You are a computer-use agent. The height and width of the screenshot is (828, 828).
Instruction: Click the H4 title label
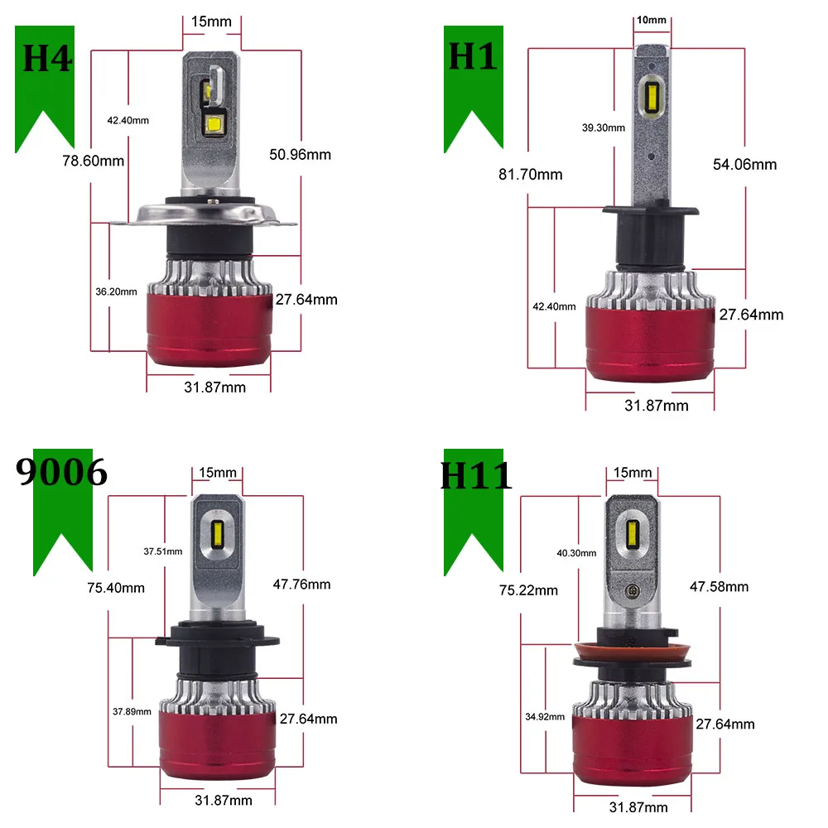click(x=47, y=58)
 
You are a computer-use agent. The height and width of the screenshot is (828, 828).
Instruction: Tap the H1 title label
click(x=473, y=56)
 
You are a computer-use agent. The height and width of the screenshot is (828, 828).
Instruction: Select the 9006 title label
click(x=62, y=471)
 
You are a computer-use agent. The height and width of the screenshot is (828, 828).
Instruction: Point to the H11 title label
click(x=476, y=476)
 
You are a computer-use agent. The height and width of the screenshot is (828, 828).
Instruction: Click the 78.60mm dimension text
click(x=94, y=161)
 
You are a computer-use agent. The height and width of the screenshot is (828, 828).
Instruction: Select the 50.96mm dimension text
click(x=300, y=155)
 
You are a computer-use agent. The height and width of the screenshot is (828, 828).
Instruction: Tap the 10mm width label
click(x=652, y=20)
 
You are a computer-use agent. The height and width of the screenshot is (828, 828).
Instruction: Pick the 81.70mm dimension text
click(x=531, y=174)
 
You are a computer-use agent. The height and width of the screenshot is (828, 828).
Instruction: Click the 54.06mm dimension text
click(x=744, y=164)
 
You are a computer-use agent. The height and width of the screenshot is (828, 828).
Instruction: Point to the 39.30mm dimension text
click(x=604, y=128)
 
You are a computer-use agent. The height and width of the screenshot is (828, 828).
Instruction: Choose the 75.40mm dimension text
click(x=116, y=588)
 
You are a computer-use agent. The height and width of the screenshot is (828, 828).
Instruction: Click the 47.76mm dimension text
click(x=301, y=585)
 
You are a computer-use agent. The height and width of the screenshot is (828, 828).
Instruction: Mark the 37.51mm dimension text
click(x=162, y=551)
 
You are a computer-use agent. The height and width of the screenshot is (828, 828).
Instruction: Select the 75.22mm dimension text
click(x=528, y=590)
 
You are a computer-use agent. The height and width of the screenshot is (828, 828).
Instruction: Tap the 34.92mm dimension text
click(x=545, y=716)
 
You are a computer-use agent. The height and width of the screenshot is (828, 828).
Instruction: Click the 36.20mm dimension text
click(x=116, y=291)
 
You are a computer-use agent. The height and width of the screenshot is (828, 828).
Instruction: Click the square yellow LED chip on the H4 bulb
click(x=214, y=125)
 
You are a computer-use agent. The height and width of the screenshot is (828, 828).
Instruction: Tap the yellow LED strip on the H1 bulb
click(x=652, y=99)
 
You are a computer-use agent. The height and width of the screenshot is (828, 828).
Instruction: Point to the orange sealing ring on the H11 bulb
click(x=632, y=654)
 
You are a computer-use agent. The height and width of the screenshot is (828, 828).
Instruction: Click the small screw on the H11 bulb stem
click(x=632, y=591)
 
